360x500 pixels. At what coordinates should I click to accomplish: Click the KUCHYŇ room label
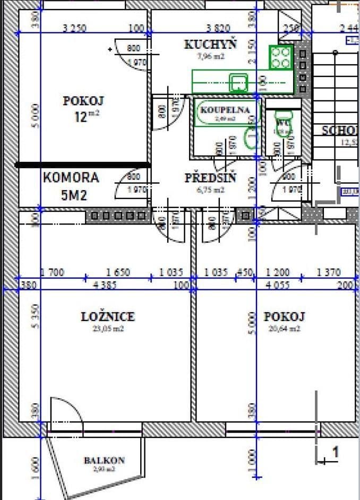(210, 45)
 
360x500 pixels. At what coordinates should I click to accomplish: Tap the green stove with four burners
(281, 57)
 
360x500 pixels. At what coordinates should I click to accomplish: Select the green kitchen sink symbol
(238, 82)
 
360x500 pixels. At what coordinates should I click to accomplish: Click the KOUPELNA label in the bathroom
(224, 110)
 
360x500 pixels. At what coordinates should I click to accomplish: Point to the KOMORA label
(71, 177)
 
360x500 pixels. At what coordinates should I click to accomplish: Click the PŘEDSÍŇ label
(210, 178)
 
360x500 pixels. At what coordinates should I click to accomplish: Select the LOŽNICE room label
(108, 317)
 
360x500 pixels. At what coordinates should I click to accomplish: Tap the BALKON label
(104, 460)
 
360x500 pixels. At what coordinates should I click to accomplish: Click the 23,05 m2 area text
(108, 329)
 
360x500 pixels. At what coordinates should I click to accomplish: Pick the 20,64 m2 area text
(284, 329)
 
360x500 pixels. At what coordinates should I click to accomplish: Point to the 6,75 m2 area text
(210, 190)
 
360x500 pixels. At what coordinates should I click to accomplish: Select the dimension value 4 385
(105, 285)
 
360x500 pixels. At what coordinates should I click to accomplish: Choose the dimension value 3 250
(74, 29)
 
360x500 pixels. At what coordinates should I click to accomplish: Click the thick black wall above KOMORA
(83, 165)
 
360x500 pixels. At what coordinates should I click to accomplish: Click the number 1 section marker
(335, 452)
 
